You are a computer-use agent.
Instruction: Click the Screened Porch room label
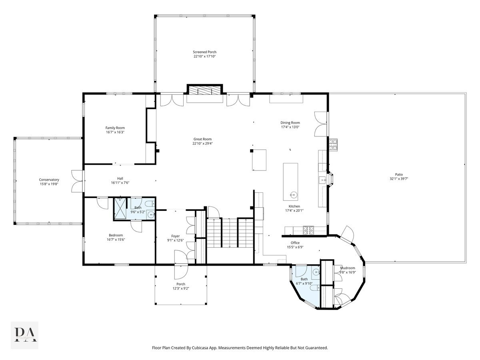[204, 52]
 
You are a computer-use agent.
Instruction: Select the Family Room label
[115, 128]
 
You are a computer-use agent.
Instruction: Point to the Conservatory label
[49, 180]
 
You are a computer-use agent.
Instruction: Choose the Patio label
[398, 174]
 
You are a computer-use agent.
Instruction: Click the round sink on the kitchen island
[293, 195]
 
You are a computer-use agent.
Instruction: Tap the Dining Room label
[290, 123]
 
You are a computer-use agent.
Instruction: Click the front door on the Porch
[181, 272]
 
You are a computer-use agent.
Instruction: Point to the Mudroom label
[347, 268]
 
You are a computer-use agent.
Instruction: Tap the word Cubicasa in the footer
[207, 348]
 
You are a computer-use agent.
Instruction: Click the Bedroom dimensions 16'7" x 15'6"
[116, 240]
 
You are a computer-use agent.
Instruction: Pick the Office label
[295, 243]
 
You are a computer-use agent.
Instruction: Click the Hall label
[120, 178]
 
